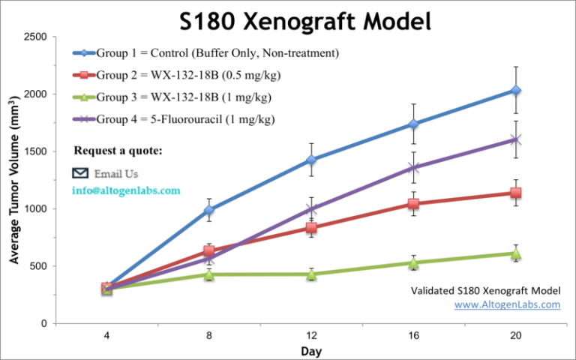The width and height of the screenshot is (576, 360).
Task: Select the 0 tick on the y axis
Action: point(45,323)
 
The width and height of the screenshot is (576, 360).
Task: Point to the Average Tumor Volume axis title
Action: point(15,180)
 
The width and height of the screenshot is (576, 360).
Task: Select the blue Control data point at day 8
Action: point(209,210)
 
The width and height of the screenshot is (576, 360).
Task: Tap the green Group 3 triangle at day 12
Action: point(311,274)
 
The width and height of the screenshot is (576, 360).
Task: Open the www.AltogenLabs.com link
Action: point(508,304)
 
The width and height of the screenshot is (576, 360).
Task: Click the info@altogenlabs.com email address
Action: point(126,190)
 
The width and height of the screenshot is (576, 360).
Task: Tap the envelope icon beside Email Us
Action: point(80,173)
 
